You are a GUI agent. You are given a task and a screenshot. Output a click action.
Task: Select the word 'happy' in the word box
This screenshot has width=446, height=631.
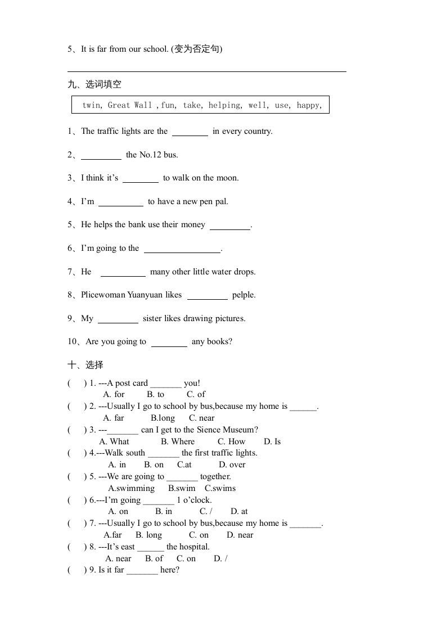pyautogui.click(x=308, y=105)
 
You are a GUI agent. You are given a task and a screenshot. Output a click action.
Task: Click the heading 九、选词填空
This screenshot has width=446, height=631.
pyautogui.click(x=94, y=84)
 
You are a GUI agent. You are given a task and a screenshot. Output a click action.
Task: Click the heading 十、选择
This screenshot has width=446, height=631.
pyautogui.click(x=85, y=365)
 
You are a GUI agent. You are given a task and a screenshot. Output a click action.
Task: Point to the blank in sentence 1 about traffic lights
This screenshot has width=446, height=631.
pyautogui.click(x=190, y=132)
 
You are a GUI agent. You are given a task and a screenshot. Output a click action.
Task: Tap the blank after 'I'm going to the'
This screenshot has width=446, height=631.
pyautogui.click(x=182, y=249)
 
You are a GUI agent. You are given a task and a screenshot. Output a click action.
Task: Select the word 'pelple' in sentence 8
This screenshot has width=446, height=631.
pyautogui.click(x=244, y=295)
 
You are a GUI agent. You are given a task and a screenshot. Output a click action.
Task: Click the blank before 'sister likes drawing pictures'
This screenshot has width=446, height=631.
pyautogui.click(x=118, y=319)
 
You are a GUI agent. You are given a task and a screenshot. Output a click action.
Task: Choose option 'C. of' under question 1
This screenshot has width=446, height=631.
pyautogui.click(x=196, y=394)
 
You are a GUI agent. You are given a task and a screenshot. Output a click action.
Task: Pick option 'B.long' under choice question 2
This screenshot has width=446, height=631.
pyautogui.click(x=163, y=418)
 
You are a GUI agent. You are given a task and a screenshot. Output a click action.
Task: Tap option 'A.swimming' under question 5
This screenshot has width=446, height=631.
pyautogui.click(x=131, y=488)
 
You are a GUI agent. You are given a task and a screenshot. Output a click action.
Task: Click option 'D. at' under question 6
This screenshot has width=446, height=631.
pyautogui.click(x=239, y=511)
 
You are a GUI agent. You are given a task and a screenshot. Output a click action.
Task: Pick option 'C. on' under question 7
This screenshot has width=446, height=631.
pyautogui.click(x=199, y=535)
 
